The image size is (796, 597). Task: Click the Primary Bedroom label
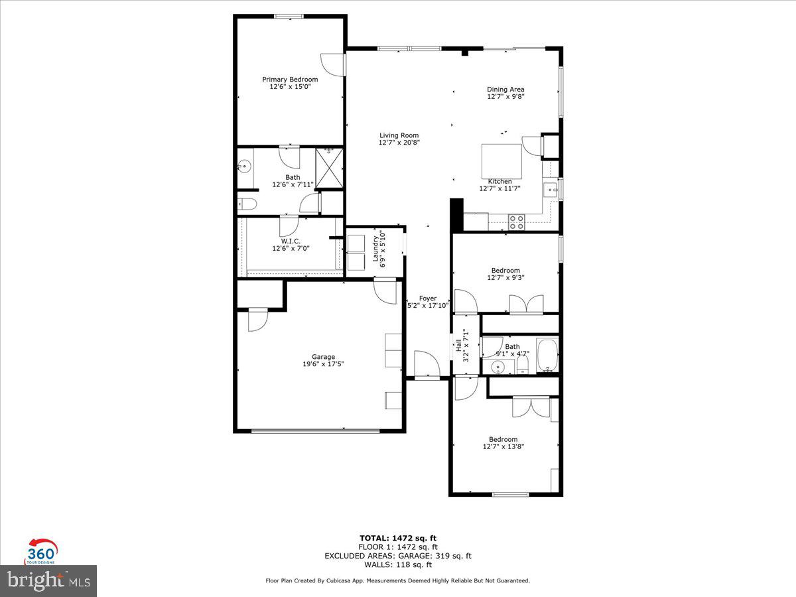(290, 80)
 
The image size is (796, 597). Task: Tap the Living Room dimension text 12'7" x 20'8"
(399, 143)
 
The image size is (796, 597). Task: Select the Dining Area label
(505, 90)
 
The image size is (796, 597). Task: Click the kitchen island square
(501, 161)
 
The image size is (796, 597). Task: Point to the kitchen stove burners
(516, 222)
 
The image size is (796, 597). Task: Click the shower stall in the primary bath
(328, 168)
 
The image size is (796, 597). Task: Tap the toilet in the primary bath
(245, 204)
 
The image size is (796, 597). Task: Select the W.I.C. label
(291, 241)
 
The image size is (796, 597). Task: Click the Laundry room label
(375, 248)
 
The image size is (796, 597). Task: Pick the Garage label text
(324, 357)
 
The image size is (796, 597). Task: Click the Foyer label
(428, 298)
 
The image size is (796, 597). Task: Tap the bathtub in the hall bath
(547, 356)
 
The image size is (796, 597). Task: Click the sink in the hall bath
(500, 366)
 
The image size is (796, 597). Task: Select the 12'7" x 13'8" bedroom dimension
(503, 447)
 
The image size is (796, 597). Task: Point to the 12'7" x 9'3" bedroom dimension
(505, 278)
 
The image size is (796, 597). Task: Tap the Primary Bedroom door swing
(332, 64)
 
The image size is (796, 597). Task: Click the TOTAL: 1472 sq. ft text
(398, 538)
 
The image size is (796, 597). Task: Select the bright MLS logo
(48, 580)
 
